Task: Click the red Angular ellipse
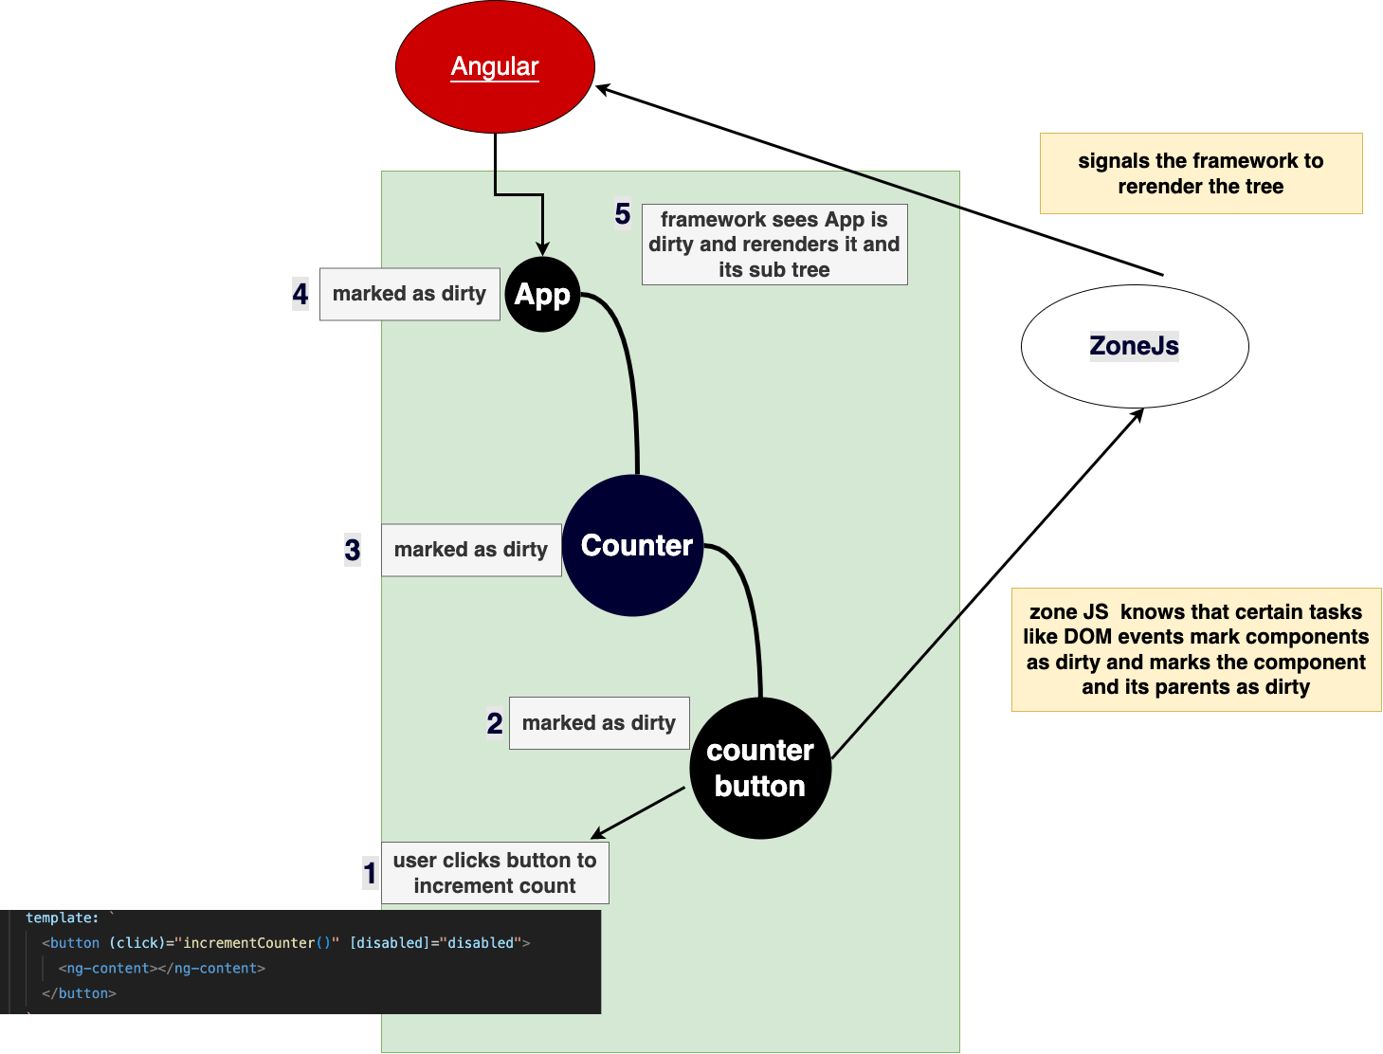pos(495,66)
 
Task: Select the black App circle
pos(542,294)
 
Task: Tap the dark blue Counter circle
pos(632,546)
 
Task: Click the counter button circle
pos(760,768)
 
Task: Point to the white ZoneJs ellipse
pos(1134,346)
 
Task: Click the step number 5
pos(623,213)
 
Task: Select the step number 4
pos(300,294)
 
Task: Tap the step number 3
pos(353,550)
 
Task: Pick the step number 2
pos(495,722)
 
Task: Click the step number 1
pos(370,873)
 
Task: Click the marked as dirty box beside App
pos(409,294)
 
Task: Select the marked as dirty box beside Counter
pos(471,550)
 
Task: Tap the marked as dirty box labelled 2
pos(599,723)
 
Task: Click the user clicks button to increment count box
pos(495,873)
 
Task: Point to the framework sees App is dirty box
pos(774,245)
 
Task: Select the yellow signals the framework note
pos(1201,173)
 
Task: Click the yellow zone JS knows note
pos(1196,649)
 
